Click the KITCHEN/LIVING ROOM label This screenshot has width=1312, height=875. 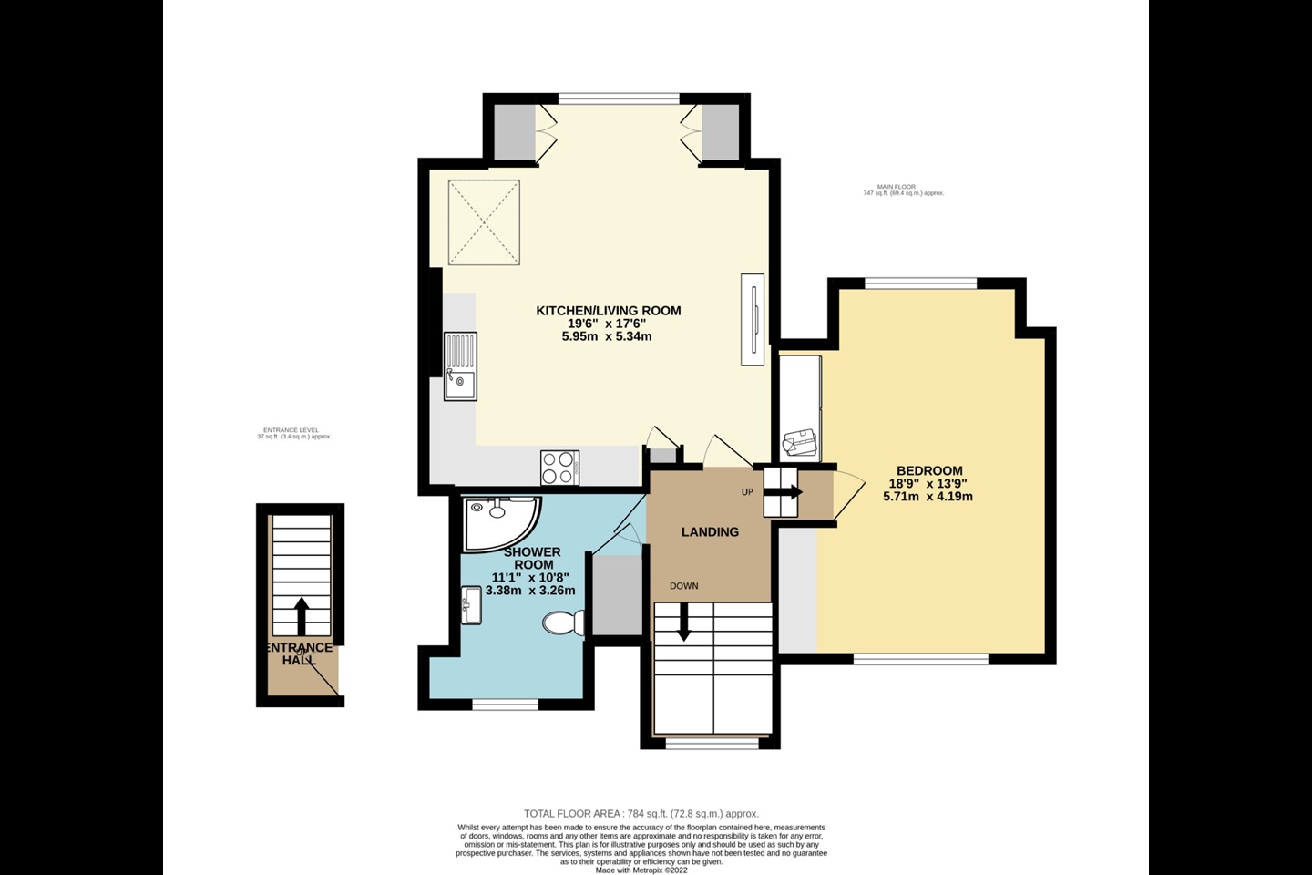coord(608,311)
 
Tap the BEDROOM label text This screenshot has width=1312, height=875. coord(928,471)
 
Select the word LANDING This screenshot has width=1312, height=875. coord(710,532)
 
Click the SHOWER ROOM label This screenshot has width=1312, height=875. coord(532,559)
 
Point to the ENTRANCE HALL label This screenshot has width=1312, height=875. coord(299,654)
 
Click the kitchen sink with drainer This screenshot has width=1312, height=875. coord(460,366)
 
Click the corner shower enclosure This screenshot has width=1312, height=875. coord(497,521)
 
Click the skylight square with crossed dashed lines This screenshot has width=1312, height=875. coord(484,221)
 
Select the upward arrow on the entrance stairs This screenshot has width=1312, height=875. coord(301,615)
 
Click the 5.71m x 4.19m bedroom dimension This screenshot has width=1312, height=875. coord(928,497)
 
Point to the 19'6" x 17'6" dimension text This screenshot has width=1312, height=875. coord(607,324)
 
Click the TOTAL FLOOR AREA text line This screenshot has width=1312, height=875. coord(641,814)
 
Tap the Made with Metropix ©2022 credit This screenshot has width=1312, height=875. coord(641,870)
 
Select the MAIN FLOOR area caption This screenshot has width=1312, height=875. coord(903,190)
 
